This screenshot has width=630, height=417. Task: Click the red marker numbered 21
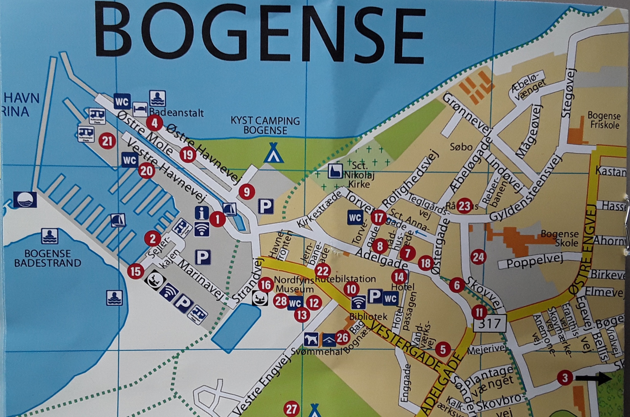(x=107, y=141)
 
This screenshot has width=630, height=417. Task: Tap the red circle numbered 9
(x=247, y=192)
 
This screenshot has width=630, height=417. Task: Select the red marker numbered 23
(x=464, y=206)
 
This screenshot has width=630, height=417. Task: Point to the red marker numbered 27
(x=291, y=409)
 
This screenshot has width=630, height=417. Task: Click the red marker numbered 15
(x=136, y=271)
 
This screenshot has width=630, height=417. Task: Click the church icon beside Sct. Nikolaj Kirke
(x=335, y=171)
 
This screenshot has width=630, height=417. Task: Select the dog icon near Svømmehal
(x=311, y=339)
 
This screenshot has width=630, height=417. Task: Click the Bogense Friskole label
(x=603, y=120)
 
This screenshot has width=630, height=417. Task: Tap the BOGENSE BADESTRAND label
(x=48, y=258)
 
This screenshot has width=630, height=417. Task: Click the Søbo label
(x=461, y=147)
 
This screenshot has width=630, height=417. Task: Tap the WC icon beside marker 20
(x=130, y=160)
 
